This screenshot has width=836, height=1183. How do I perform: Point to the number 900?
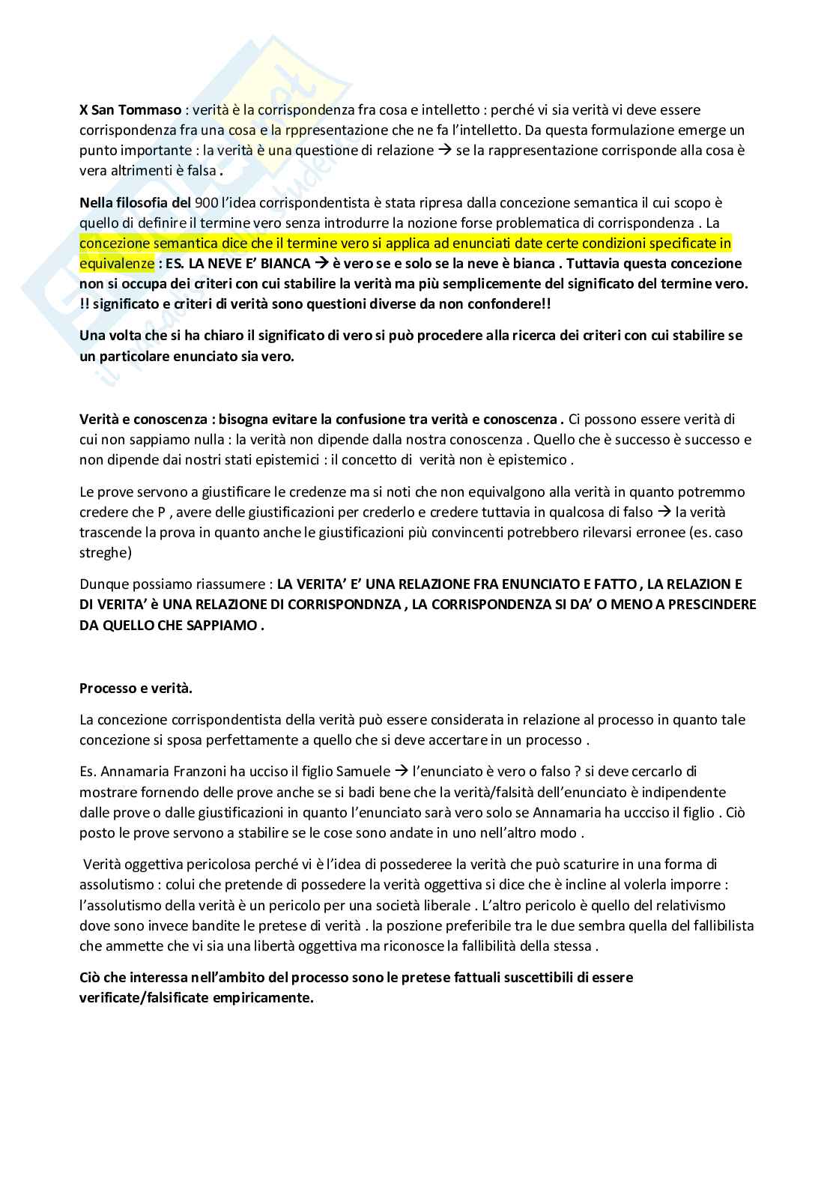coord(207,202)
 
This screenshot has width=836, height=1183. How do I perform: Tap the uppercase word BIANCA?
coord(279,264)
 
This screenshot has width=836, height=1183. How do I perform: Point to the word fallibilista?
coord(718,925)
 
